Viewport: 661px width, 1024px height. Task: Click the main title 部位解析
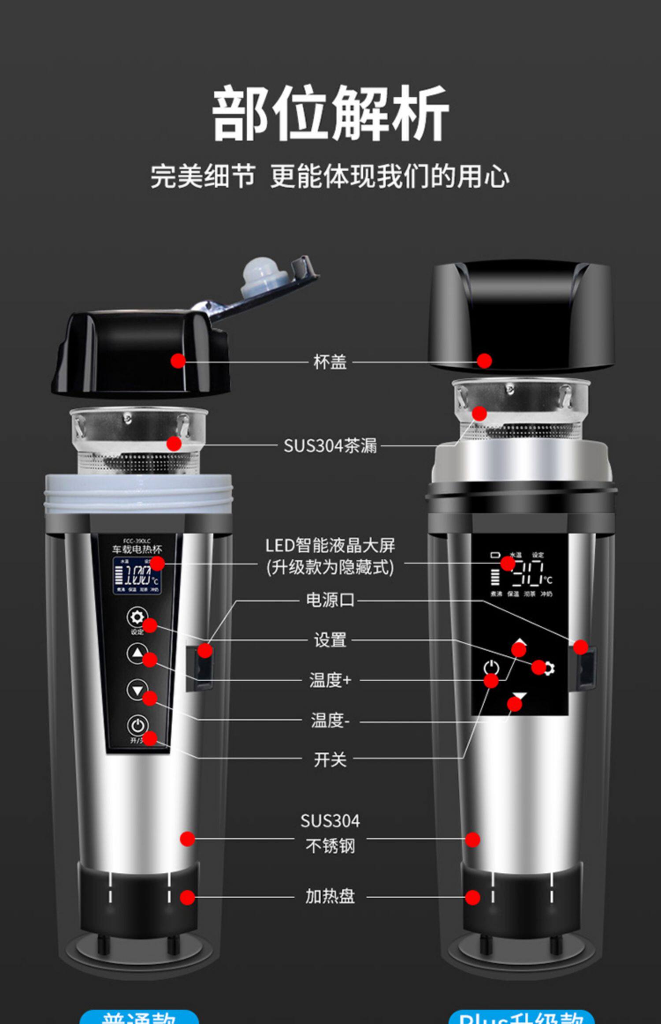pyautogui.click(x=330, y=114)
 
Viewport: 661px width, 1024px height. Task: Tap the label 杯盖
pyautogui.click(x=330, y=362)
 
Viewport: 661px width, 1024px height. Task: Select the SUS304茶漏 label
pyautogui.click(x=330, y=446)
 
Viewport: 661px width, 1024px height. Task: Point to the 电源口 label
pyautogui.click(x=330, y=600)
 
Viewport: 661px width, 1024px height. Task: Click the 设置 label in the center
pyautogui.click(x=330, y=640)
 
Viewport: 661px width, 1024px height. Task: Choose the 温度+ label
pyautogui.click(x=330, y=680)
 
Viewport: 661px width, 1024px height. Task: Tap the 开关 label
pyautogui.click(x=330, y=760)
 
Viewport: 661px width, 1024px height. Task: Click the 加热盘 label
pyautogui.click(x=330, y=897)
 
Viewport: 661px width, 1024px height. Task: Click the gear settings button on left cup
pyautogui.click(x=137, y=617)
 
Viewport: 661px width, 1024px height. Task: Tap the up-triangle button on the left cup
pyautogui.click(x=137, y=653)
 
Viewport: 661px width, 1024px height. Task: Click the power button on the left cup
pyautogui.click(x=137, y=725)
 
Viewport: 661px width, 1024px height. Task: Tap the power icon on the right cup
pyautogui.click(x=491, y=667)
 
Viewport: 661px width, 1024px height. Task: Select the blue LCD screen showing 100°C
pyautogui.click(x=137, y=575)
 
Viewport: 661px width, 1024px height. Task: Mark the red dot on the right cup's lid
pyautogui.click(x=484, y=360)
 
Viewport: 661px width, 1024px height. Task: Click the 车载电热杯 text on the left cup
pyautogui.click(x=137, y=549)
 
